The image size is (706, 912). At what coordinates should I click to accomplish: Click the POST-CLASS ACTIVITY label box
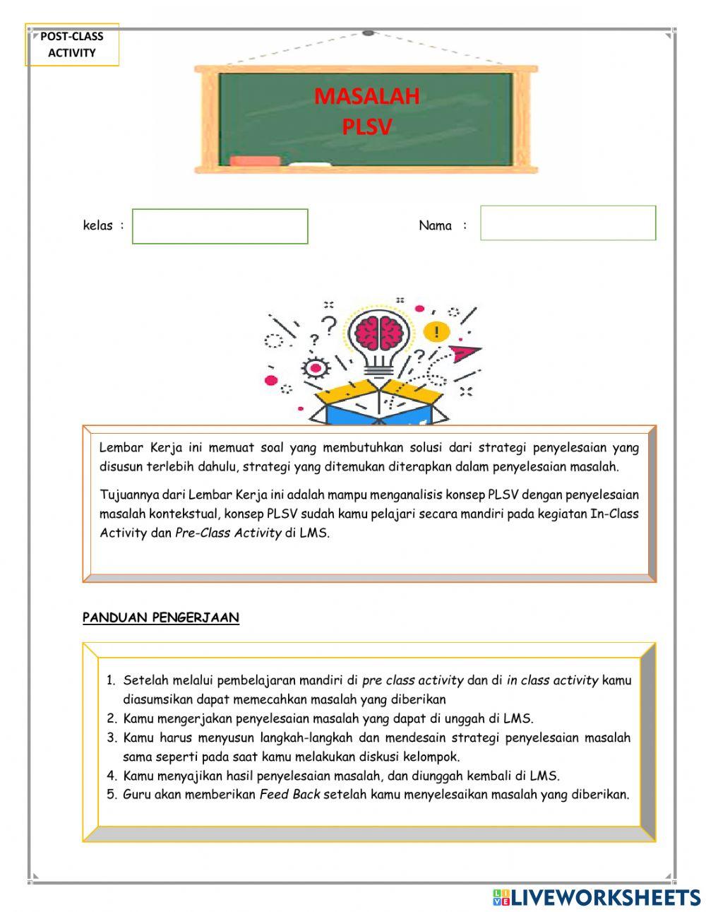tap(71, 45)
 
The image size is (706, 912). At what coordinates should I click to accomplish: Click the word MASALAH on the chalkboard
tap(366, 96)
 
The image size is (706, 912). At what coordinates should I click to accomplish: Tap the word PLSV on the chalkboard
tap(366, 127)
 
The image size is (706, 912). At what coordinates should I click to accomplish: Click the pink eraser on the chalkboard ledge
tap(255, 161)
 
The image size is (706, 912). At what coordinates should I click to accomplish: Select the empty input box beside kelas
tap(220, 227)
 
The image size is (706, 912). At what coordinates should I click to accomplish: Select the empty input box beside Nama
tap(568, 223)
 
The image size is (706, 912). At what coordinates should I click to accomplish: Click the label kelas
tap(97, 226)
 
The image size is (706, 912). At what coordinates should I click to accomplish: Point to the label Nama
tap(435, 226)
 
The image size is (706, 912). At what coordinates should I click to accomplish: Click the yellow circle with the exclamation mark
tap(437, 332)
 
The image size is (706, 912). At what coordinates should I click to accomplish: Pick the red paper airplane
tap(465, 351)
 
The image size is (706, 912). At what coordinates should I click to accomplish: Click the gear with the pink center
tap(316, 368)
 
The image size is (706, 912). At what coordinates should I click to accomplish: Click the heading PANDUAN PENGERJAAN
tap(161, 617)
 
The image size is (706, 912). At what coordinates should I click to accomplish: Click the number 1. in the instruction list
tap(111, 681)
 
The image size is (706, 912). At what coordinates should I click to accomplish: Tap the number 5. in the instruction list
tap(111, 795)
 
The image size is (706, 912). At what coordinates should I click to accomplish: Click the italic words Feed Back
tap(289, 795)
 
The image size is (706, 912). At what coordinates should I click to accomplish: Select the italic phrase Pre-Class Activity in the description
tap(228, 533)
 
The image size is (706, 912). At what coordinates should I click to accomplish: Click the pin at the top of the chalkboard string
tap(367, 33)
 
